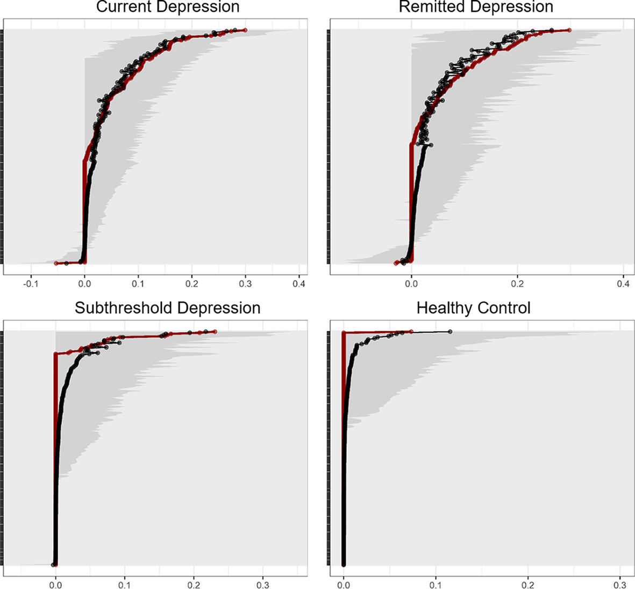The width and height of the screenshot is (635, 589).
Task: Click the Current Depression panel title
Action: pyautogui.click(x=168, y=7)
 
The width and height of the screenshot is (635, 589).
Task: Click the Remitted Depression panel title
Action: pyautogui.click(x=476, y=7)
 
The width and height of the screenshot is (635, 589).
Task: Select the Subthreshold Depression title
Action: pyautogui.click(x=167, y=308)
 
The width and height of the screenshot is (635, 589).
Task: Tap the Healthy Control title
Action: pyautogui.click(x=473, y=308)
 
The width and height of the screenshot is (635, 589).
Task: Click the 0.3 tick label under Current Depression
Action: pyautogui.click(x=246, y=283)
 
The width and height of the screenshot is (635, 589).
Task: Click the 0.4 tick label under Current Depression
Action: pyautogui.click(x=299, y=283)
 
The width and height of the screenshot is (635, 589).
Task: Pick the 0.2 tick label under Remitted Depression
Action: pyautogui.click(x=517, y=283)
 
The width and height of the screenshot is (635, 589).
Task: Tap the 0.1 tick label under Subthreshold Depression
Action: pyautogui.click(x=125, y=584)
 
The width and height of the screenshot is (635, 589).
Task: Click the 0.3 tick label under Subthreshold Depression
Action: pyautogui.click(x=263, y=584)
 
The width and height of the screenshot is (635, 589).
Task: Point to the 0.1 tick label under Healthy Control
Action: pyautogui.click(x=436, y=584)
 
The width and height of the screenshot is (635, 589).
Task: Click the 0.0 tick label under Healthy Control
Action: pyautogui.click(x=344, y=584)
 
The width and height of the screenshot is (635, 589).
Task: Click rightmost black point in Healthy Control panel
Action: pyautogui.click(x=450, y=332)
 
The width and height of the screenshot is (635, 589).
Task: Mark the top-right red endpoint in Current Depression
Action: pyautogui.click(x=245, y=30)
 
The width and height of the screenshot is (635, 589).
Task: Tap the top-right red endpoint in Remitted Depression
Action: pyautogui.click(x=569, y=30)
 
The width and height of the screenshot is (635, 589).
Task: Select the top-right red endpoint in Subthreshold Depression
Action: pyautogui.click(x=215, y=332)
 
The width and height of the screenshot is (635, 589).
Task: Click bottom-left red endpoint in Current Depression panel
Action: pyautogui.click(x=56, y=263)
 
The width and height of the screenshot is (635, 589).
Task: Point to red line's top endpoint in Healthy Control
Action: pyautogui.click(x=411, y=332)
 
